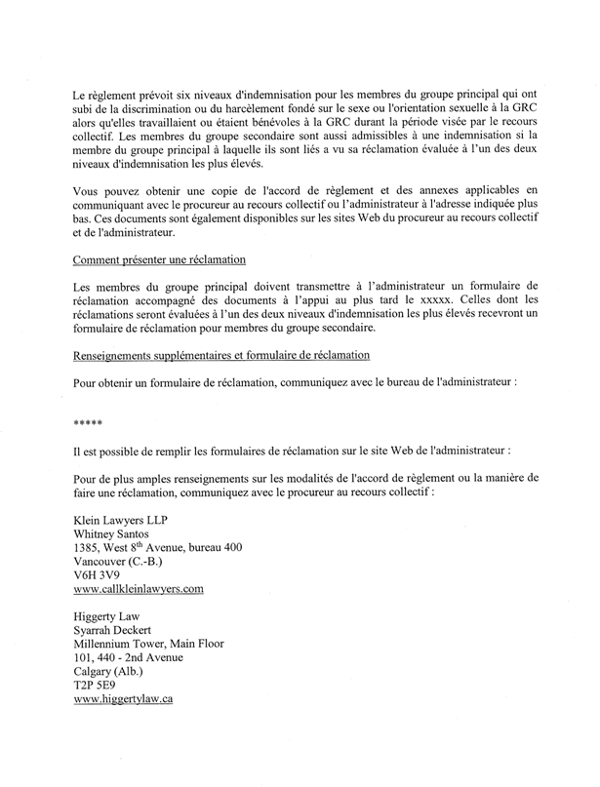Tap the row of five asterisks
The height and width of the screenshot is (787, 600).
[88, 422]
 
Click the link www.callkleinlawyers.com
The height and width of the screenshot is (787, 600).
[142, 590]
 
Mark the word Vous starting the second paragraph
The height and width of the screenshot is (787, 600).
[86, 188]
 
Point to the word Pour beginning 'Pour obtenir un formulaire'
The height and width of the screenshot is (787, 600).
[86, 381]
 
